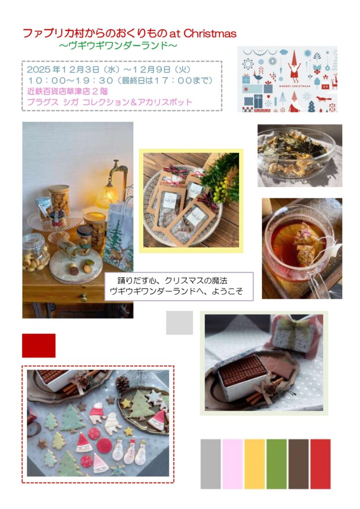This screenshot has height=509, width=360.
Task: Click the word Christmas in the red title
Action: coord(210,33)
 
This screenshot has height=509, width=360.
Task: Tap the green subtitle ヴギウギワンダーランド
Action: coord(118,45)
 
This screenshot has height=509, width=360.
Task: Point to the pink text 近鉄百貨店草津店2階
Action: coord(68,91)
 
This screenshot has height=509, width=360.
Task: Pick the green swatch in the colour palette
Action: coord(276,464)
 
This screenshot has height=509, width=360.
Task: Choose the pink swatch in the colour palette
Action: coord(232,464)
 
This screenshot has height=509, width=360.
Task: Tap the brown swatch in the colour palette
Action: coord(298,464)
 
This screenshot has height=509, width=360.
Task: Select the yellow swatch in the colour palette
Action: coord(255,464)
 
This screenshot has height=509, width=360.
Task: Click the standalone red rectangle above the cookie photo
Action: coord(39,345)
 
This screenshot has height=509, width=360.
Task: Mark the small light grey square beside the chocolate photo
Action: coord(180,323)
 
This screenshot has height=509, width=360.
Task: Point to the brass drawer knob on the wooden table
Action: coord(84,297)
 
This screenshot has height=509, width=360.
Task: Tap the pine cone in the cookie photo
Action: coord(122,383)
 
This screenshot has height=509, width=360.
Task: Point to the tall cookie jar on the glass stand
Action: coord(59,199)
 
